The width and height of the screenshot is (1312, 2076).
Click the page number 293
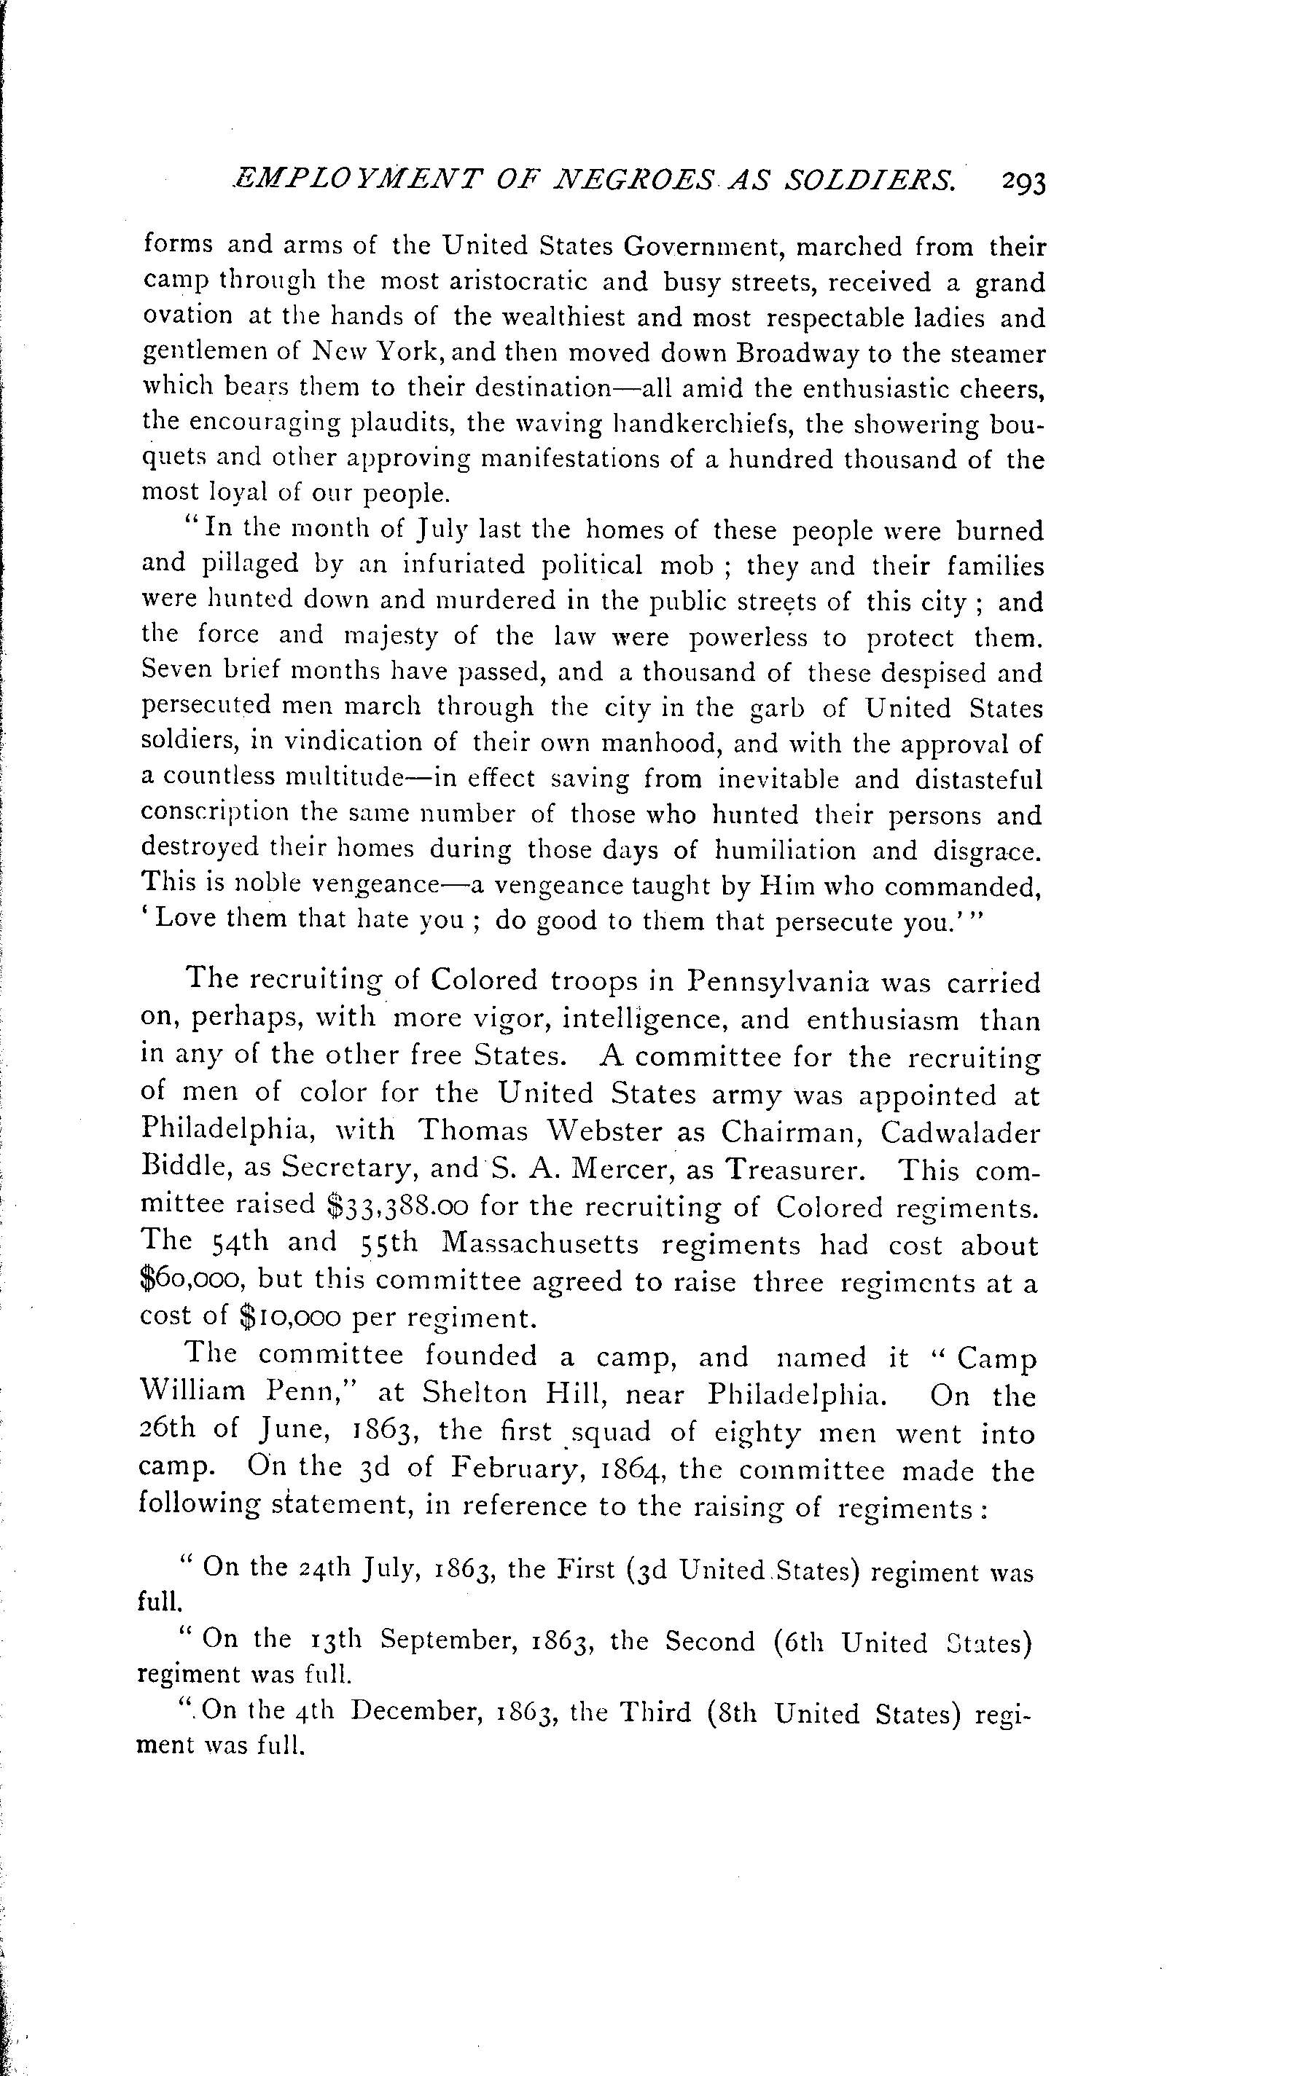pos(1024,184)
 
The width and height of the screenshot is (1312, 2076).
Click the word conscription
pos(216,814)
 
